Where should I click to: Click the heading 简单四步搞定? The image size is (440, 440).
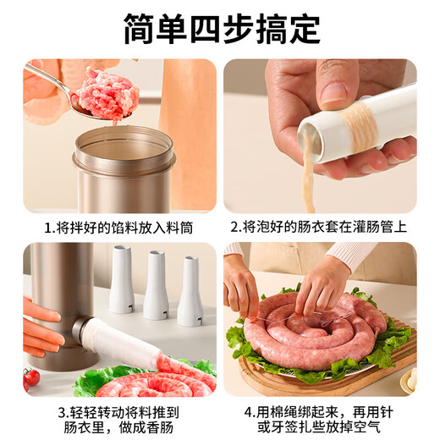pyautogui.click(x=221, y=28)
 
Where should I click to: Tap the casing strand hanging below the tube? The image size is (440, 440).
pyautogui.click(x=310, y=182)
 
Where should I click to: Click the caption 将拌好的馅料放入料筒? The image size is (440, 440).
pyautogui.click(x=127, y=227)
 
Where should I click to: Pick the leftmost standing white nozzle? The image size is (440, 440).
pyautogui.click(x=122, y=280)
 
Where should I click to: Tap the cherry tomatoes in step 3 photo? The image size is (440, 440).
pyautogui.click(x=30, y=377)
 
